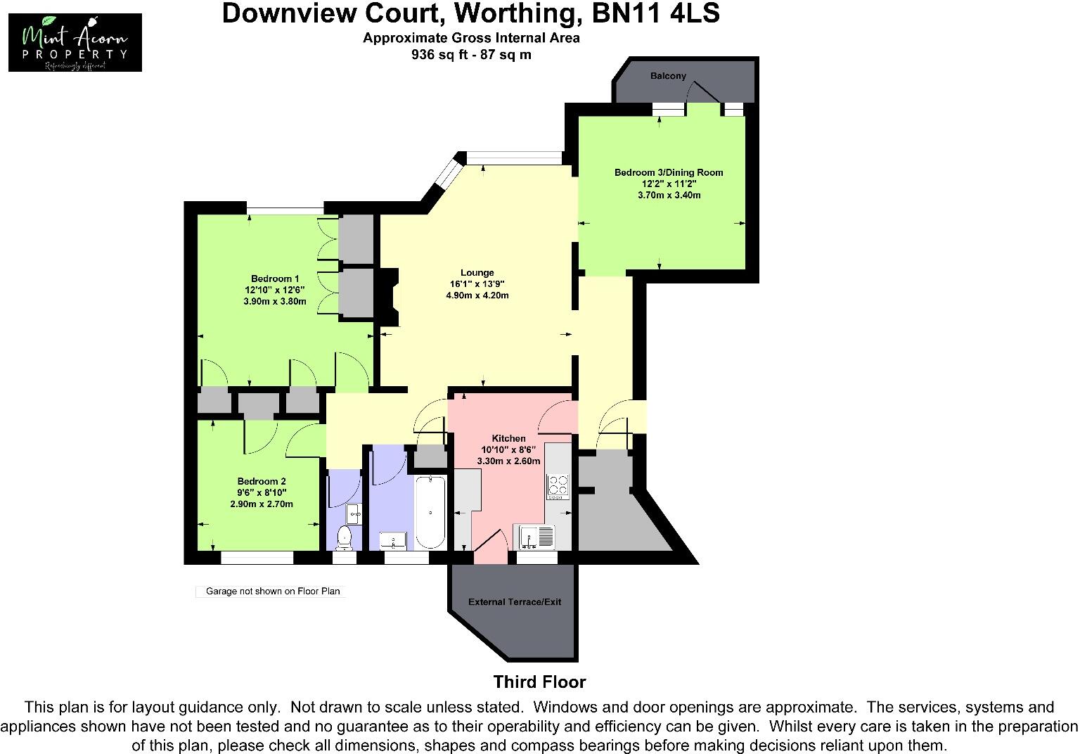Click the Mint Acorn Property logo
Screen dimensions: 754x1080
75,42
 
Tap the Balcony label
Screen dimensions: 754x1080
667,76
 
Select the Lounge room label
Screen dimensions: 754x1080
477,273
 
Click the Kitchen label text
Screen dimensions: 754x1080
508,438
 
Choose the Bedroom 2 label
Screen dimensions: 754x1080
261,481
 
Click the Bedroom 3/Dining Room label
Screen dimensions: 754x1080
668,172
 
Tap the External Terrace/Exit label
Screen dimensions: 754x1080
515,602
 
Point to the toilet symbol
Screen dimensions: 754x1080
344,538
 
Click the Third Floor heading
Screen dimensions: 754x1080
539,682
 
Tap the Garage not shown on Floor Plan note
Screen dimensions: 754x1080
272,592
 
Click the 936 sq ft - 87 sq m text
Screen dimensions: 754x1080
471,55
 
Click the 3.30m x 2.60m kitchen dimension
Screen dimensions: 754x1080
508,461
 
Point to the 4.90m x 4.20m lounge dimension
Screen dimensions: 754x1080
477,295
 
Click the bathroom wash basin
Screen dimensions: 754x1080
393,541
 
